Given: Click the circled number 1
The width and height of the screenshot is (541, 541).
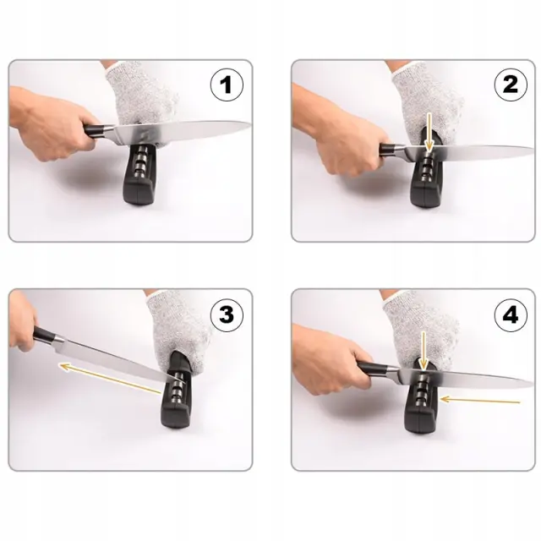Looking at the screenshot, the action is point(227,85).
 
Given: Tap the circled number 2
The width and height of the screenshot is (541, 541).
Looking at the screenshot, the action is point(511,85).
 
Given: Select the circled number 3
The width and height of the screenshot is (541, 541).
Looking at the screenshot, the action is point(227,314).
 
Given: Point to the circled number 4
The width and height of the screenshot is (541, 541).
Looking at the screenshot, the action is point(511,314).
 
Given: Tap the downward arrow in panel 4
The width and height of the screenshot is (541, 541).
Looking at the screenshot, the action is point(424,352).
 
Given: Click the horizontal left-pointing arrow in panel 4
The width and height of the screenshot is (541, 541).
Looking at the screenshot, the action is point(480,400).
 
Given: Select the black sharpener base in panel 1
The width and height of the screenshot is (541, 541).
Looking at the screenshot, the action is point(140,175).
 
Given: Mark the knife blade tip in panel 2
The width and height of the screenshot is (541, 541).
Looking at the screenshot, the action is point(533,149).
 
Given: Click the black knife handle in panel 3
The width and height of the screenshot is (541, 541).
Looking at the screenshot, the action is point(45,335).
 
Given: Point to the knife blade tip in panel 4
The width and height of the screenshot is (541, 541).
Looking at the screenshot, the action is point(533,382).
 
